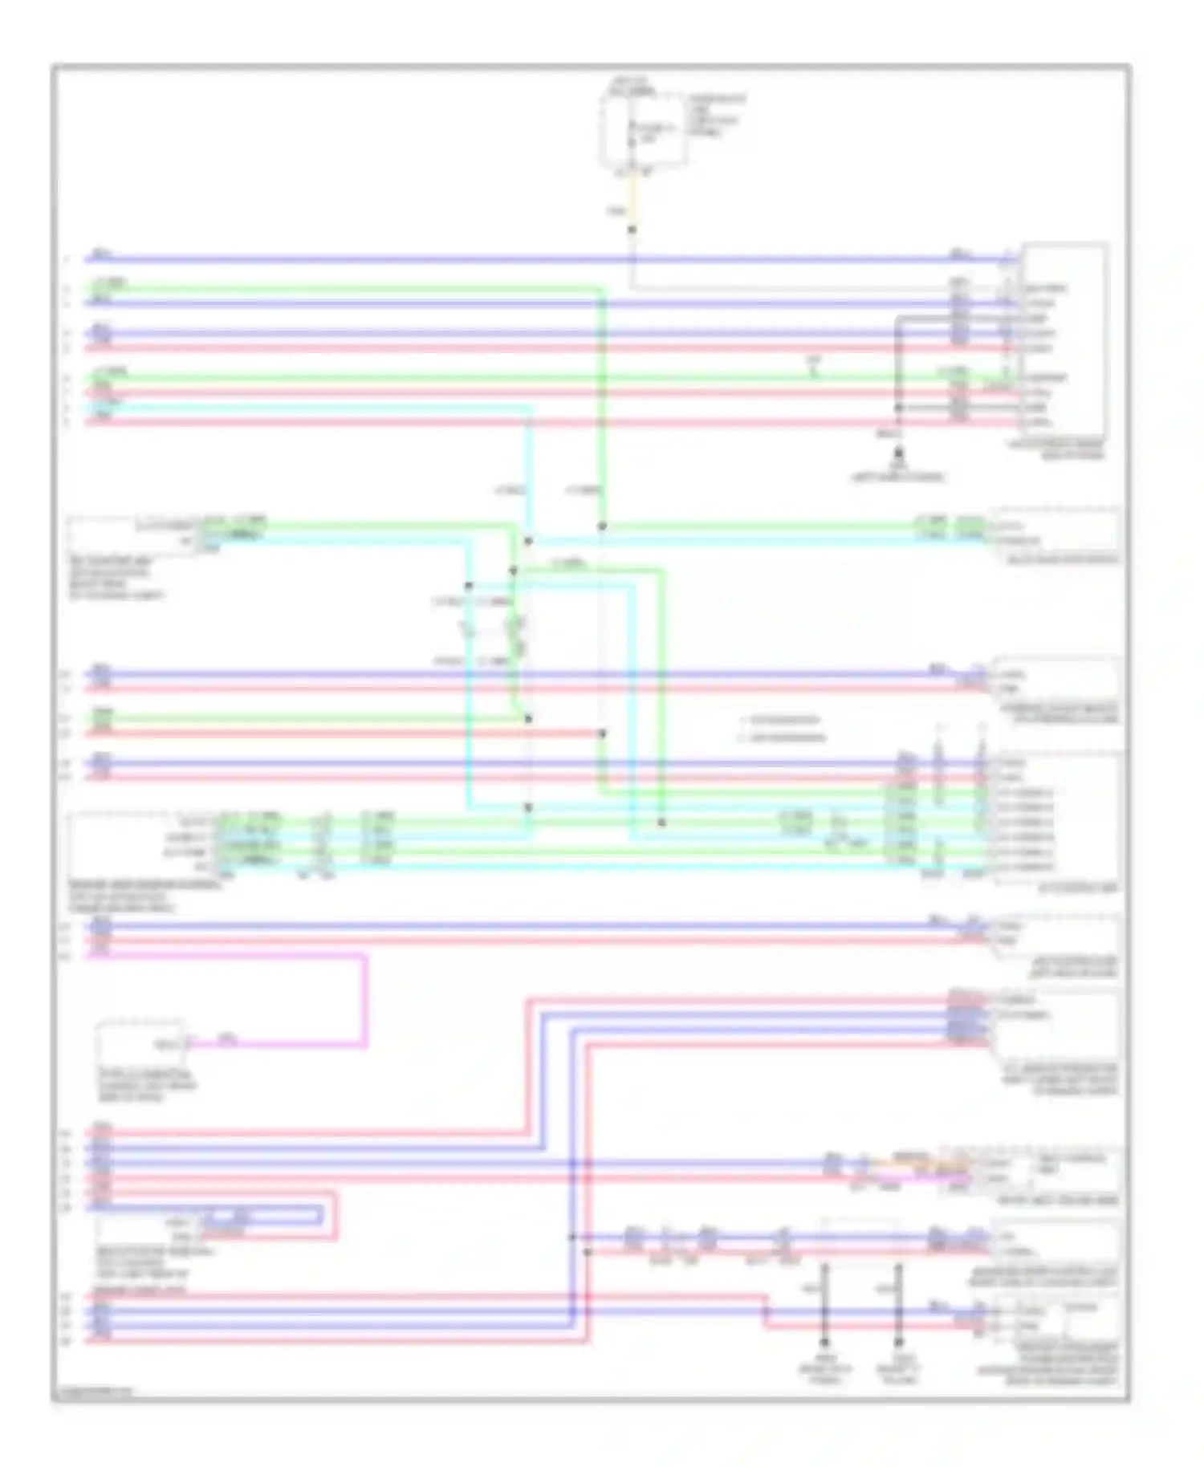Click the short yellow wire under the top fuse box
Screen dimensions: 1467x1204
(x=632, y=201)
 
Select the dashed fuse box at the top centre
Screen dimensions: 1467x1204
(x=643, y=129)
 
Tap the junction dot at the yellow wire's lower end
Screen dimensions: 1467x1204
(x=632, y=230)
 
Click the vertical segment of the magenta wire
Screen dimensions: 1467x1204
(x=366, y=1000)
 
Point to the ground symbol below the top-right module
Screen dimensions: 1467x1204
(x=898, y=454)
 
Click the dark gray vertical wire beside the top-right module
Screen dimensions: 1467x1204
(x=898, y=361)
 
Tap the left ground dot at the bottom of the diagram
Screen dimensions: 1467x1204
(x=824, y=1342)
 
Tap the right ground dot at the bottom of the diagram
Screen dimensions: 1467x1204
(x=898, y=1342)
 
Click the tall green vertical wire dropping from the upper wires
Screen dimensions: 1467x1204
(x=602, y=401)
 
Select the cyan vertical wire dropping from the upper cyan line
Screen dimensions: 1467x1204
(x=530, y=473)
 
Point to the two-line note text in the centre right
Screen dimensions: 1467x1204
(x=783, y=729)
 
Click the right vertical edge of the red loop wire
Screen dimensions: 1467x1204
(x=335, y=1215)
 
